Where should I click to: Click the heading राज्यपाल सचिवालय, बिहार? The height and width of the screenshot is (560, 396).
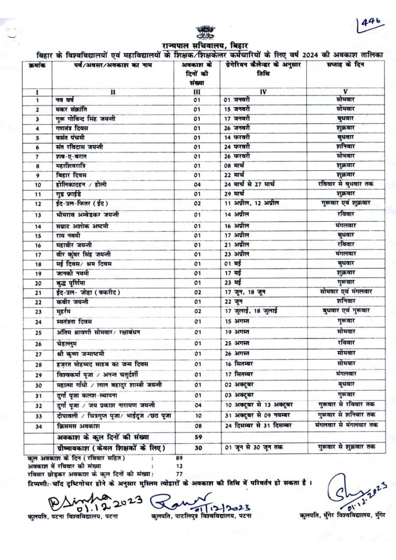click(x=205, y=46)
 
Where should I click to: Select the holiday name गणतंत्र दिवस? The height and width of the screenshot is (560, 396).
click(x=72, y=128)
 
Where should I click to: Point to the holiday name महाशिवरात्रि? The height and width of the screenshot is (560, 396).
click(x=71, y=166)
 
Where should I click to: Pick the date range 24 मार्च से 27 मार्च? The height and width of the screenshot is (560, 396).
click(x=249, y=184)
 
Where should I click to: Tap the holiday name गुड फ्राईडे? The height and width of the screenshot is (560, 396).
click(x=69, y=194)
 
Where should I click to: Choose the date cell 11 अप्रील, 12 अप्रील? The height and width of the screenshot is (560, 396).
click(x=251, y=203)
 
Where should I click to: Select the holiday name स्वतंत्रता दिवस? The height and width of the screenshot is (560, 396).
click(x=74, y=321)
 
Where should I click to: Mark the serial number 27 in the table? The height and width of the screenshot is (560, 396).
click(x=38, y=354)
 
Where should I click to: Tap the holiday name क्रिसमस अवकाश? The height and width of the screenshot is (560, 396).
click(x=78, y=426)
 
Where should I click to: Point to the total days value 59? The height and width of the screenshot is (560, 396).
click(x=198, y=437)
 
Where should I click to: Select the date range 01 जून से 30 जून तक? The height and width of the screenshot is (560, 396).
click(x=254, y=448)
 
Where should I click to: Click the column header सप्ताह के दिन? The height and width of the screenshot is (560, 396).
click(x=345, y=65)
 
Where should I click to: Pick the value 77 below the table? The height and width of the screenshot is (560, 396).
click(x=179, y=474)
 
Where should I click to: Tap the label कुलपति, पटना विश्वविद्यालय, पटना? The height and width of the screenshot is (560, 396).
click(x=73, y=516)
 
